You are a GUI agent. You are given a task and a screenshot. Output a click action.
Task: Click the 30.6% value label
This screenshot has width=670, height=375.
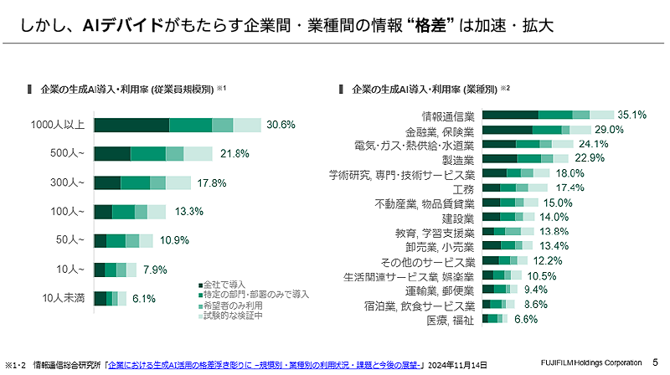point(281,125)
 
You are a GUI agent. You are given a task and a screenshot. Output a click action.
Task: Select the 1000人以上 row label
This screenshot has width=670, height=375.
point(58,125)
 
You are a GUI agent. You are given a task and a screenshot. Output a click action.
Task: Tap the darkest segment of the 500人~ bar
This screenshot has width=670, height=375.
point(112,154)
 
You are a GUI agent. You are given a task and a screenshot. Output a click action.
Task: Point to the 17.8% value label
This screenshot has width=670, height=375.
point(209,182)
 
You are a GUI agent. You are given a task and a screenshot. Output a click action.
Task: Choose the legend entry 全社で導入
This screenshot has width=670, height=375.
point(224,283)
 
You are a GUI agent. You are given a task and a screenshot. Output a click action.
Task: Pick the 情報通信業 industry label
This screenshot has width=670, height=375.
point(447,116)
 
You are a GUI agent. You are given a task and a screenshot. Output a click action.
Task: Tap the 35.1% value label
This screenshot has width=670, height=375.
point(632,115)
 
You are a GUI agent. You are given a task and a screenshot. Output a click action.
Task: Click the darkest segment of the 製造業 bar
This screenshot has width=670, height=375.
point(500,158)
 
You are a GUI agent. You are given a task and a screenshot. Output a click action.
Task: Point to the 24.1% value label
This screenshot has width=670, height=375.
point(591,144)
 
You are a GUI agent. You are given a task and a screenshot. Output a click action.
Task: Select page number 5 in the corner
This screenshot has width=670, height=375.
point(655,362)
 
